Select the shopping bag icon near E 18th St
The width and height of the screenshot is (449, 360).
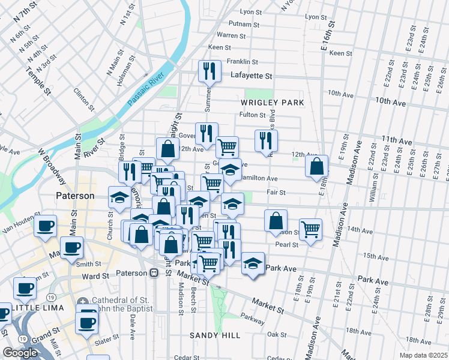pos(316,166)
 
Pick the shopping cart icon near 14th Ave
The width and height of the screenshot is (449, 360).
pos(310,229)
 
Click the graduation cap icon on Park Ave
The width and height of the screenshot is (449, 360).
pos(253,263)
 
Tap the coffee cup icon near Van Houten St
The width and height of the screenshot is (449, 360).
pos(45,226)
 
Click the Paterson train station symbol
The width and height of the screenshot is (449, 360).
pos(154,272)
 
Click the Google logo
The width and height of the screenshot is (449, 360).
pos(20,353)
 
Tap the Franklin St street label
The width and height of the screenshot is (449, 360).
pos(243,61)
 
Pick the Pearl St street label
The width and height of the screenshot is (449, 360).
pos(287,245)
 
